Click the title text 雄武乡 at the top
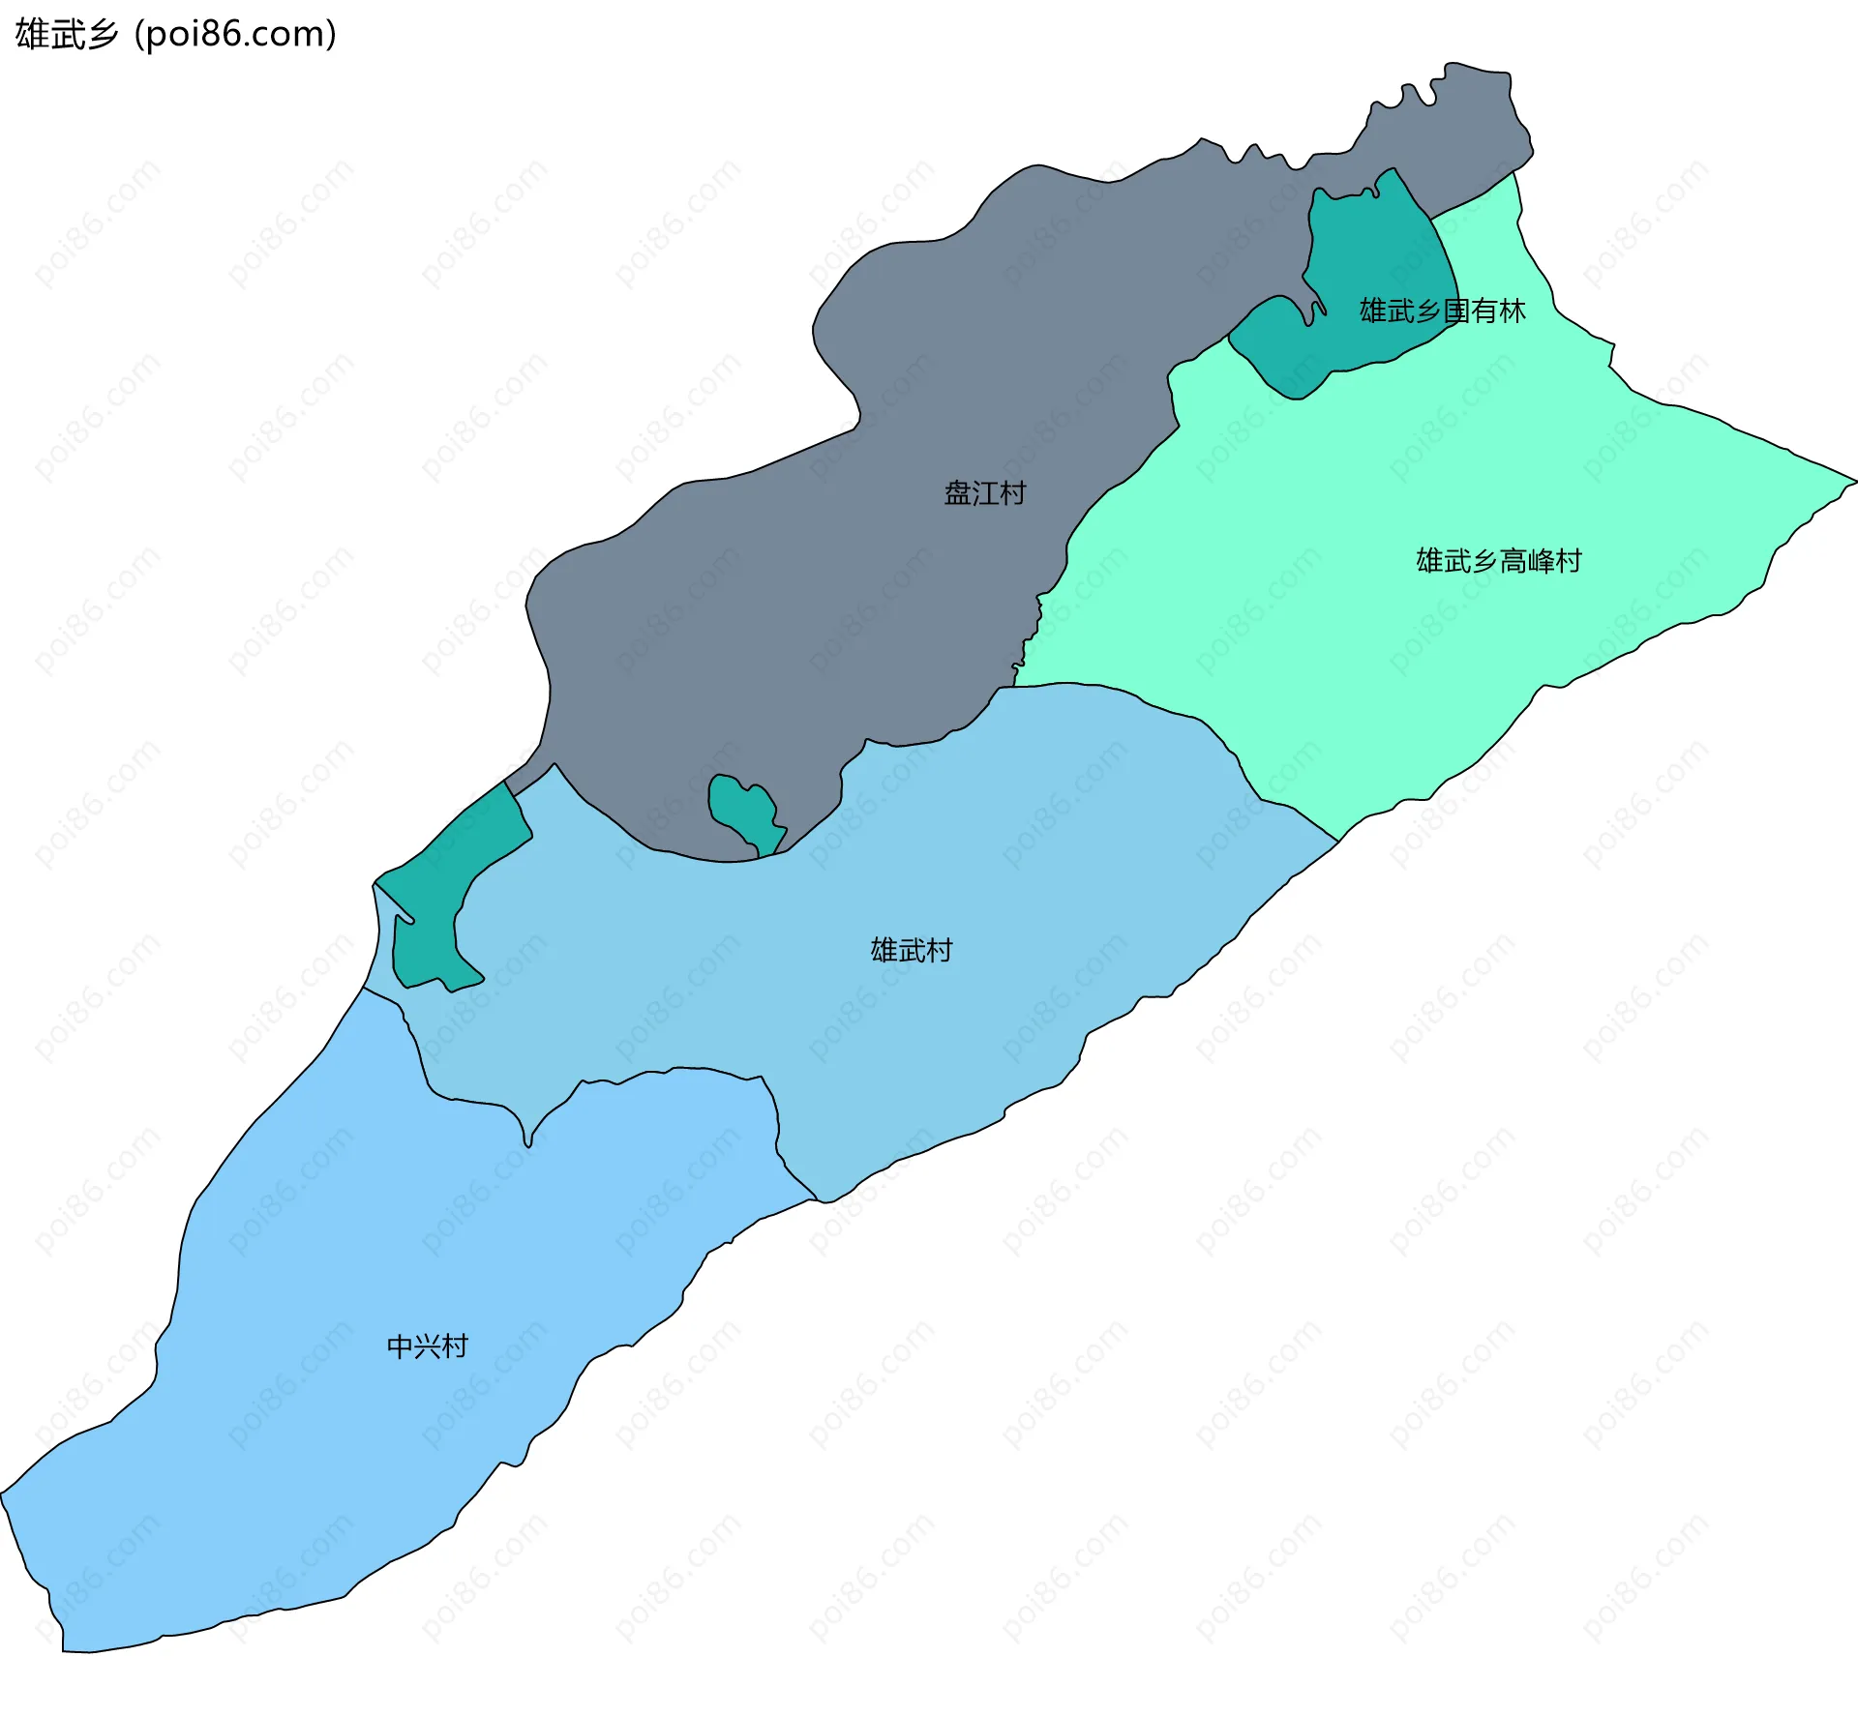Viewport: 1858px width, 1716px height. point(66,35)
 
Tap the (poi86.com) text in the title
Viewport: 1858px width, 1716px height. point(235,35)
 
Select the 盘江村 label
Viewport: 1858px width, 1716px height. point(984,493)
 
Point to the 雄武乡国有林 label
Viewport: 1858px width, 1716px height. point(1442,311)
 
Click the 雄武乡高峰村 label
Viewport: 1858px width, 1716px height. point(1498,561)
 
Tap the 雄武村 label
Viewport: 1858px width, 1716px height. point(911,950)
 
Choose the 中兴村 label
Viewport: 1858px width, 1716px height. point(427,1346)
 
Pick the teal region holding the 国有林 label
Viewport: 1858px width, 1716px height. point(1374,261)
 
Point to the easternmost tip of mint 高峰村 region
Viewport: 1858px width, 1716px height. point(1853,481)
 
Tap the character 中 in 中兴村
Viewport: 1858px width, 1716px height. point(400,1346)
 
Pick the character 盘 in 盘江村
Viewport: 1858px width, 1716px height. point(957,493)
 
